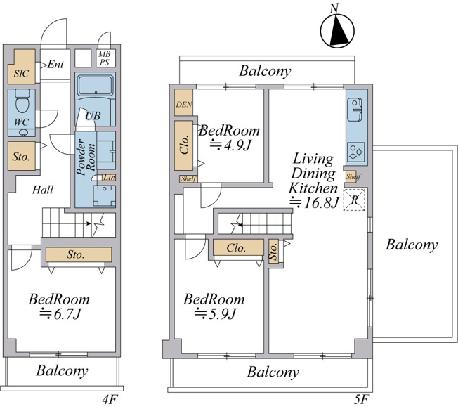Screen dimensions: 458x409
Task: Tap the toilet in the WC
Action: click(22, 100)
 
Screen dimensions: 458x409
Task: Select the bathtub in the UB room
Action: click(96, 85)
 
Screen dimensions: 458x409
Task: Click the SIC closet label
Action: click(21, 73)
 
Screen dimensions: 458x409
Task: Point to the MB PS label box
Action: click(104, 58)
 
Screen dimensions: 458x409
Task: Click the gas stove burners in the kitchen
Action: click(356, 152)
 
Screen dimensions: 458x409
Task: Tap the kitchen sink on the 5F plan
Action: click(355, 110)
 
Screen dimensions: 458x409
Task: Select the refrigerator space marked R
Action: click(354, 200)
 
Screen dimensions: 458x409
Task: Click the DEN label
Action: click(184, 104)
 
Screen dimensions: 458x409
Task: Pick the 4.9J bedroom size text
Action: click(230, 145)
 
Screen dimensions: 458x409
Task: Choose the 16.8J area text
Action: click(314, 202)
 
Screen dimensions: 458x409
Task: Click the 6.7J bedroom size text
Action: click(60, 313)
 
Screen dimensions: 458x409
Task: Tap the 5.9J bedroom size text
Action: click(215, 313)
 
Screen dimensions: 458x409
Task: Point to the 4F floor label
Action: click(110, 400)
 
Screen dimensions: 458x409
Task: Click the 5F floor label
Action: click(362, 400)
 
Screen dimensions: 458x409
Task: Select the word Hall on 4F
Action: click(43, 190)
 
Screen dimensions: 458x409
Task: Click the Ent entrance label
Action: click(55, 64)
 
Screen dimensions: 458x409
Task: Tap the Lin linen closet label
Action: click(110, 177)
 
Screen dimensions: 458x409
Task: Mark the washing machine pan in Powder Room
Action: click(104, 196)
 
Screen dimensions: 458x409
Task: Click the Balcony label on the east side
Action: click(412, 245)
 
